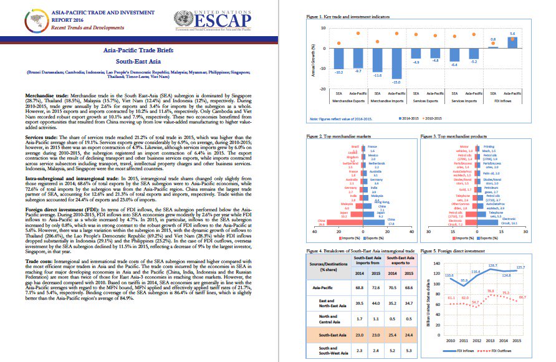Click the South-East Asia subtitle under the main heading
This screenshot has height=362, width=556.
pos(139,62)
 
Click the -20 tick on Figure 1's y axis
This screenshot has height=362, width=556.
pos(322,88)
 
